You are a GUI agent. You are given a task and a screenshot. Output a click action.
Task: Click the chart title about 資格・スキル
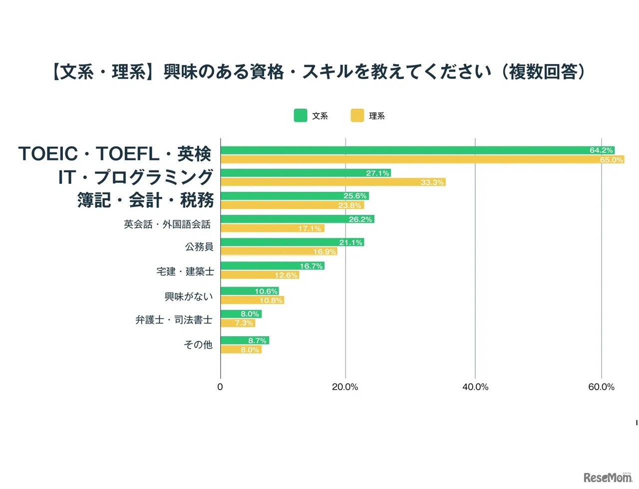(x=319, y=72)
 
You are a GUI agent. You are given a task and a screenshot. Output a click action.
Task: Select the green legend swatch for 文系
(x=300, y=115)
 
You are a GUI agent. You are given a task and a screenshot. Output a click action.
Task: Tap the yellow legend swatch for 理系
(x=357, y=115)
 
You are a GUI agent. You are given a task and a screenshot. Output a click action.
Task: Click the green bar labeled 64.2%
(x=417, y=150)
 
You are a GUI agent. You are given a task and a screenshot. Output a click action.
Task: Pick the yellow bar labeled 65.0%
(x=422, y=159)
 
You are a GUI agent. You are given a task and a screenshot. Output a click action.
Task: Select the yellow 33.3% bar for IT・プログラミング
(x=333, y=182)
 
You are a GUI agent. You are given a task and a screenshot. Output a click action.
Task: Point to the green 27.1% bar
(x=306, y=173)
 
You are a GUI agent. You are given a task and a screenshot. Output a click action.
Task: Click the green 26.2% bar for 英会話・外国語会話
(x=297, y=219)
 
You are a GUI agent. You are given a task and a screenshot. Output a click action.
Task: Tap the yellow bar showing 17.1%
(x=273, y=228)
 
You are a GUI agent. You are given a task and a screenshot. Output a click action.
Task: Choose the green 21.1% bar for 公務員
(x=292, y=242)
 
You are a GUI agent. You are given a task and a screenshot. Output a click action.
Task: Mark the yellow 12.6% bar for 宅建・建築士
(x=260, y=275)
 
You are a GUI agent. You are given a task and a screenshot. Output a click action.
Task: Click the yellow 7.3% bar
(x=238, y=323)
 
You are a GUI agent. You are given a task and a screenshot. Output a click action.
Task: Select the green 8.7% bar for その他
(x=245, y=340)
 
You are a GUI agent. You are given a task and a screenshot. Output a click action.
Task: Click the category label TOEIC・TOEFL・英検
(x=115, y=154)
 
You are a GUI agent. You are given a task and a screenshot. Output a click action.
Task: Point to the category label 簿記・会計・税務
(x=145, y=200)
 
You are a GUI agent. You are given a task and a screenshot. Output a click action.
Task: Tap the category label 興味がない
(x=189, y=297)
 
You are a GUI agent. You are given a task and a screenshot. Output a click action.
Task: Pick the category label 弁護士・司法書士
(x=174, y=320)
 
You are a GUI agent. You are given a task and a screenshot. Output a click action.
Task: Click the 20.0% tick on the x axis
(x=345, y=387)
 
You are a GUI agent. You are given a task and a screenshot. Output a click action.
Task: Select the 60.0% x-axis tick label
(x=601, y=387)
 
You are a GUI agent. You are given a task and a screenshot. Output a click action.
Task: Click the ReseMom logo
(x=608, y=477)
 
